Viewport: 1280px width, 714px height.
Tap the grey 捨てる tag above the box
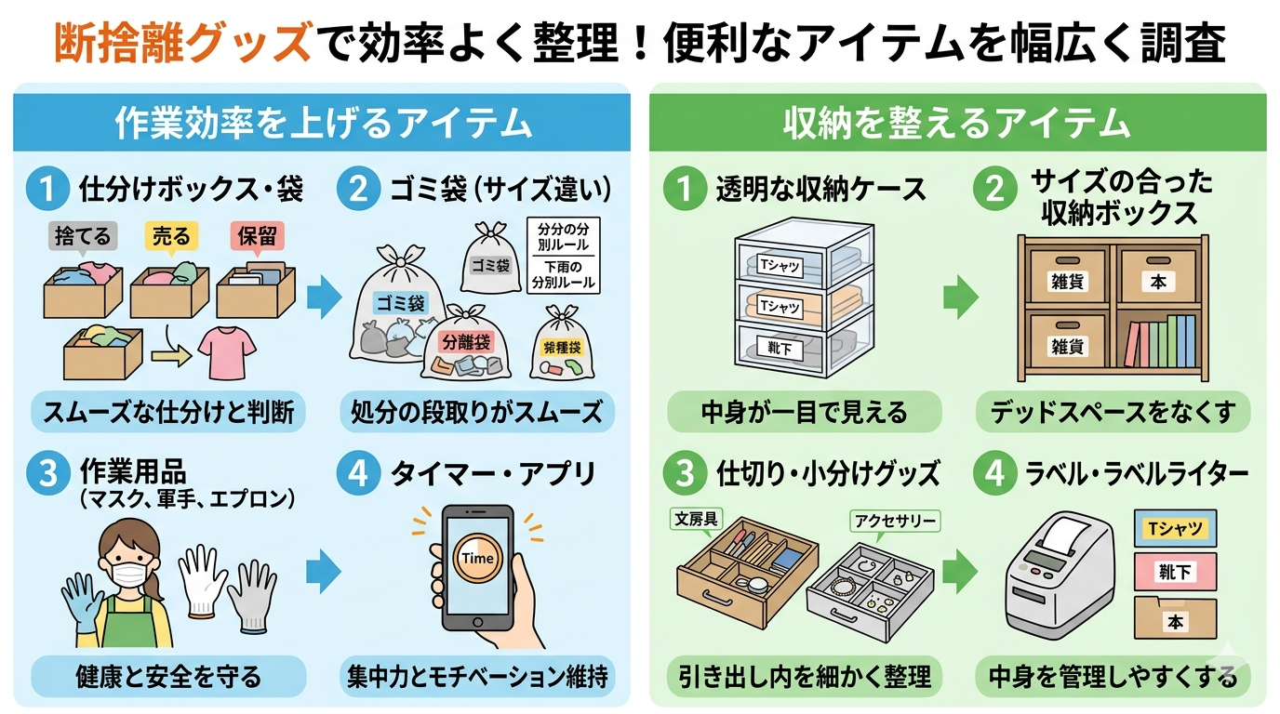tap(81, 236)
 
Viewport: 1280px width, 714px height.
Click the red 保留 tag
tap(256, 236)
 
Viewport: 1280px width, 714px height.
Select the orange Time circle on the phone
tap(478, 559)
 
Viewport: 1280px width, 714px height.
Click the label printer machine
tap(1058, 574)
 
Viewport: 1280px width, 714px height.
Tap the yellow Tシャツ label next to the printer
tap(1176, 529)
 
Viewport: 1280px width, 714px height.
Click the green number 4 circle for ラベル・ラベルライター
tap(994, 474)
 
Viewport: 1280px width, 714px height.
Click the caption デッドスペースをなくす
tap(1113, 412)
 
